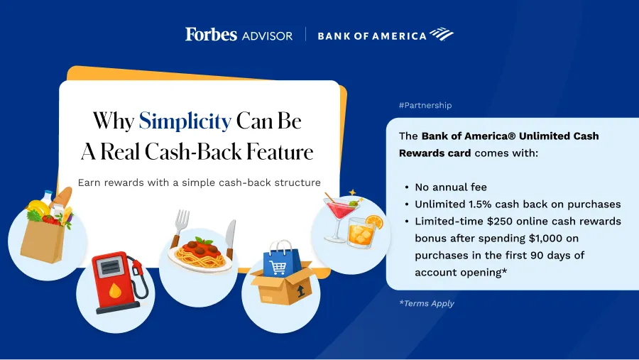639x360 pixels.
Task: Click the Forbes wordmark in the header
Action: click(x=211, y=34)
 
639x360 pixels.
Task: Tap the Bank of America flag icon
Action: click(x=442, y=34)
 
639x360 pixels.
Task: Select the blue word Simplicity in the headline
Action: click(x=185, y=121)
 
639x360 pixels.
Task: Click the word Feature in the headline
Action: click(x=280, y=152)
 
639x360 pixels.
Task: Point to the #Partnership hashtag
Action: click(x=425, y=105)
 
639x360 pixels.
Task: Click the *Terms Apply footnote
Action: click(x=427, y=303)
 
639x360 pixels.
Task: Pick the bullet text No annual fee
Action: click(x=451, y=187)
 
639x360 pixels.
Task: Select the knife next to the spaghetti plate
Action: click(x=231, y=239)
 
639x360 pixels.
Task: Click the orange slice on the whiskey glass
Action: click(x=374, y=222)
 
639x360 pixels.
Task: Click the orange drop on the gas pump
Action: click(x=115, y=290)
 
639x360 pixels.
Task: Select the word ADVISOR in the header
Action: click(x=268, y=36)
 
